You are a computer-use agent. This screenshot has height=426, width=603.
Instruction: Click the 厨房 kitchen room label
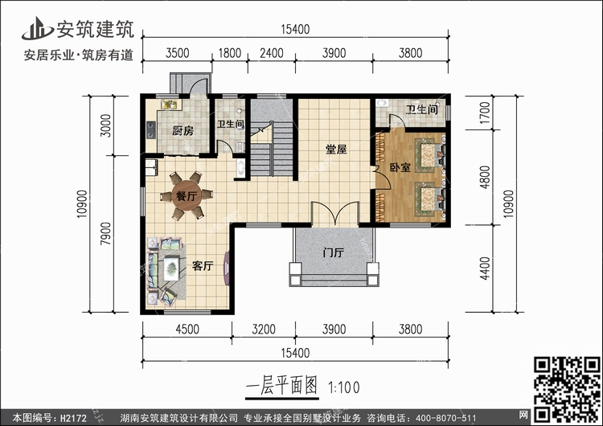coord(183,131)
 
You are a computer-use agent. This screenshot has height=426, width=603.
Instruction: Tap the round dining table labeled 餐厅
coord(187,196)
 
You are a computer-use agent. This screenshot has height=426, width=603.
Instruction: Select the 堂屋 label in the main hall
coord(336,150)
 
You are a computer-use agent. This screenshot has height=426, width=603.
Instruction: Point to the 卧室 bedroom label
coord(400,167)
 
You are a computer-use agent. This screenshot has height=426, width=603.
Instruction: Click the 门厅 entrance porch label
coord(333,252)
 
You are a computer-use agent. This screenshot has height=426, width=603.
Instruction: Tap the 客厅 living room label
coord(203,266)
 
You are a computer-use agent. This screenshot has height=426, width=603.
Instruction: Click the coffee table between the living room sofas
coord(171,268)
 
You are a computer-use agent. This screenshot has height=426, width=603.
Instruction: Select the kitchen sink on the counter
coord(169,104)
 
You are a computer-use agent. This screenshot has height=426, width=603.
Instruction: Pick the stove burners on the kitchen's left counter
coord(151,129)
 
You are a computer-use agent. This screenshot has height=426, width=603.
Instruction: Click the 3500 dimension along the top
coord(178,53)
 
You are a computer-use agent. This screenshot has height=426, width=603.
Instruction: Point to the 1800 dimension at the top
coord(230,53)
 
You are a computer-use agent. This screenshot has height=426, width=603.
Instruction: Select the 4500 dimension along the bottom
coord(187,329)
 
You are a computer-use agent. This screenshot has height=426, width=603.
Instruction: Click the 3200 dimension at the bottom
coord(264,329)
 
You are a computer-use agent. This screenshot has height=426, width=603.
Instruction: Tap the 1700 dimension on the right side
coord(486,113)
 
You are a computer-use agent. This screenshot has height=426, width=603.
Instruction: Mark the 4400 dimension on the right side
coord(486,268)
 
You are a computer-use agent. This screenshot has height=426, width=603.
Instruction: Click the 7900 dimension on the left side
coord(106,234)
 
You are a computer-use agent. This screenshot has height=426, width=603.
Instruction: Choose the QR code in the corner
coord(567,389)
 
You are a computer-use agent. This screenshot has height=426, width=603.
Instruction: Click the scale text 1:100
coord(344,387)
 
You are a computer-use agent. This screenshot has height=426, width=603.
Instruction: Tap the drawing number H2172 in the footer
coord(73,418)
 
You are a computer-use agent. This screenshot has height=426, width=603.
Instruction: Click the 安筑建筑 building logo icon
coord(37,28)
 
